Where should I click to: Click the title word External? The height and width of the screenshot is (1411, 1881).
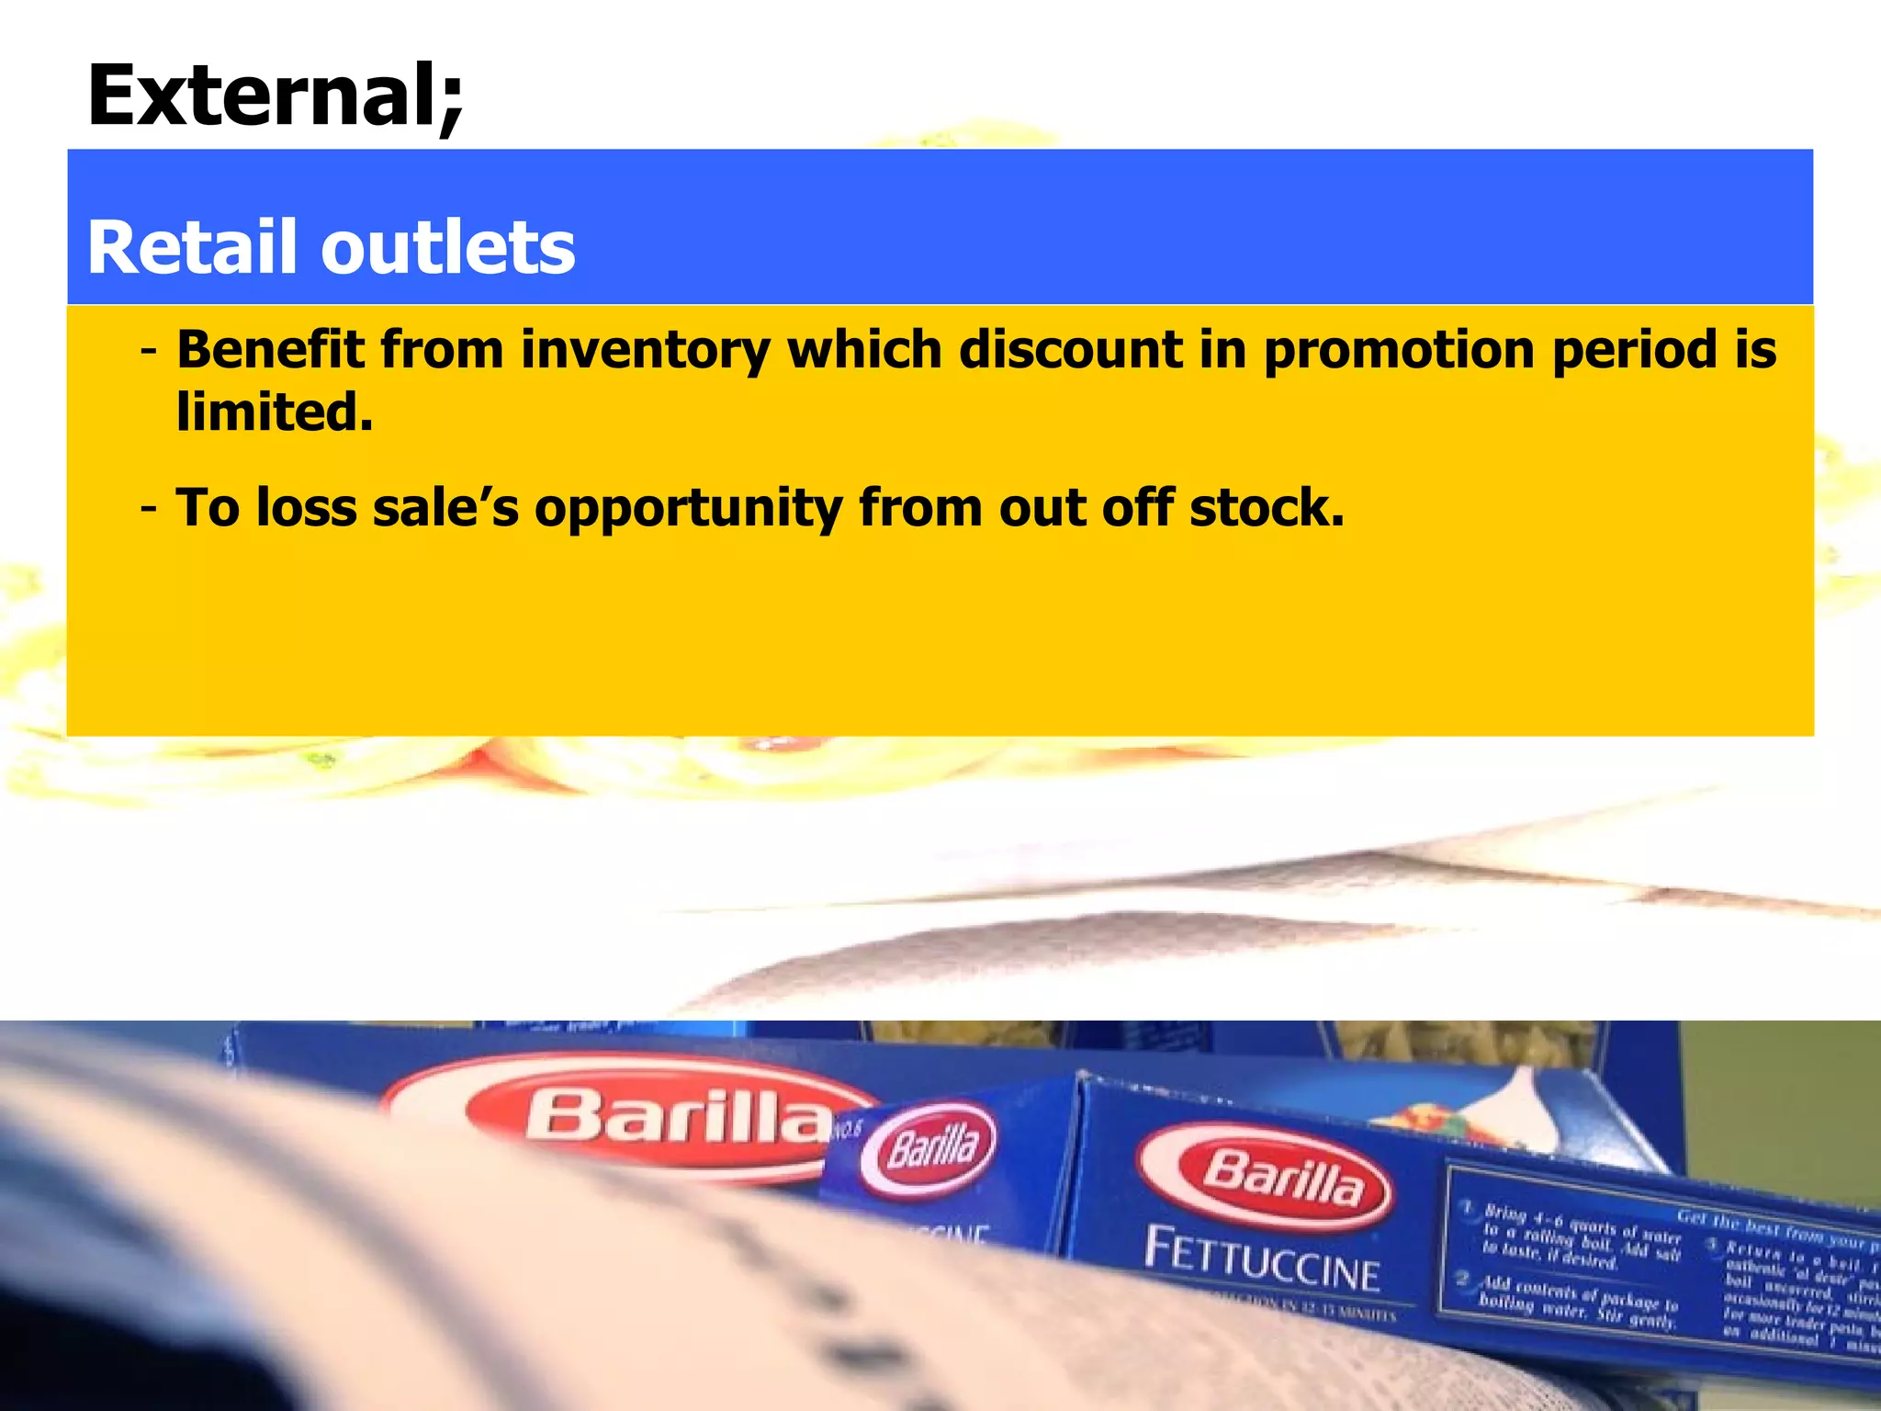[276, 96]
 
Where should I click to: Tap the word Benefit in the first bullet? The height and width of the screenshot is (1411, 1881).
[270, 350]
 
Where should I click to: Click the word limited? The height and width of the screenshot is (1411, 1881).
[274, 412]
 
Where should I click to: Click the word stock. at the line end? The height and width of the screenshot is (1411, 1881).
[1267, 508]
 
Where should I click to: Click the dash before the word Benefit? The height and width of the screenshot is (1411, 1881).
[149, 352]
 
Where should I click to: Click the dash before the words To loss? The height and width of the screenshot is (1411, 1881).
[149, 508]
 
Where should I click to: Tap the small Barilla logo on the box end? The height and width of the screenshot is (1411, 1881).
[930, 1148]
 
